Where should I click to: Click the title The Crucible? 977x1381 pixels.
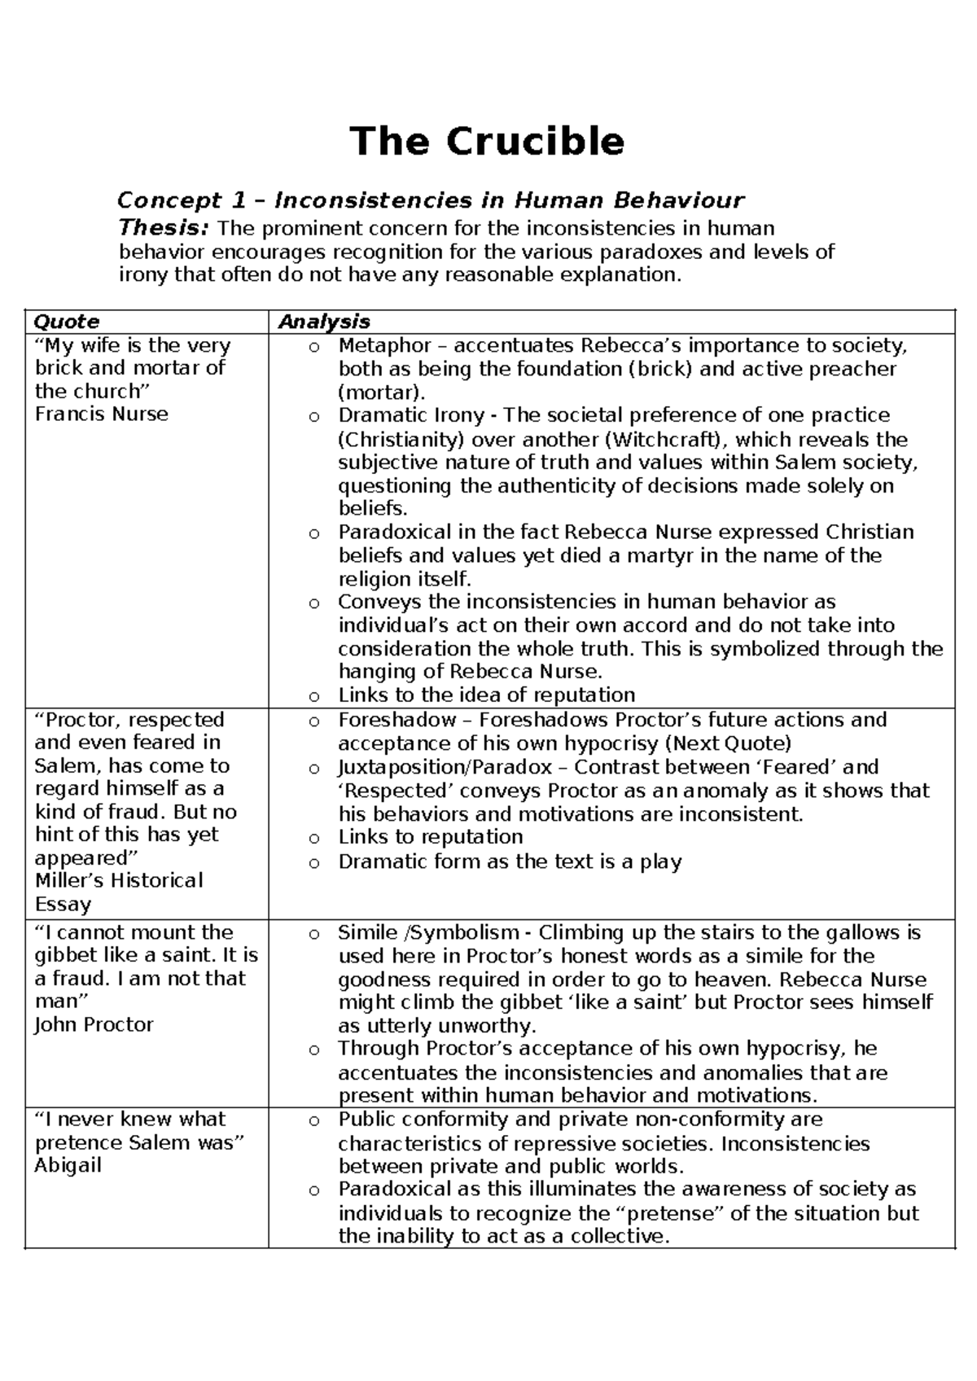[x=487, y=142]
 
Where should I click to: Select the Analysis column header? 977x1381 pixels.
[x=324, y=322]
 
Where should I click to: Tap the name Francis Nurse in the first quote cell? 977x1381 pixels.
[x=101, y=414]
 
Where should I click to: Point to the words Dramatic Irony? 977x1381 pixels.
[x=411, y=415]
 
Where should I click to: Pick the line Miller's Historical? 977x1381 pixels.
[x=119, y=881]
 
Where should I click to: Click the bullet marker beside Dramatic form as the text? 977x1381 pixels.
[x=314, y=864]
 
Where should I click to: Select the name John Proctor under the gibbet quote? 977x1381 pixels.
[x=94, y=1025]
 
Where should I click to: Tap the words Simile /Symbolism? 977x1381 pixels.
[x=428, y=932]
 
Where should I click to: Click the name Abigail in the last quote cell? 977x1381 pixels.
[x=68, y=1166]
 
